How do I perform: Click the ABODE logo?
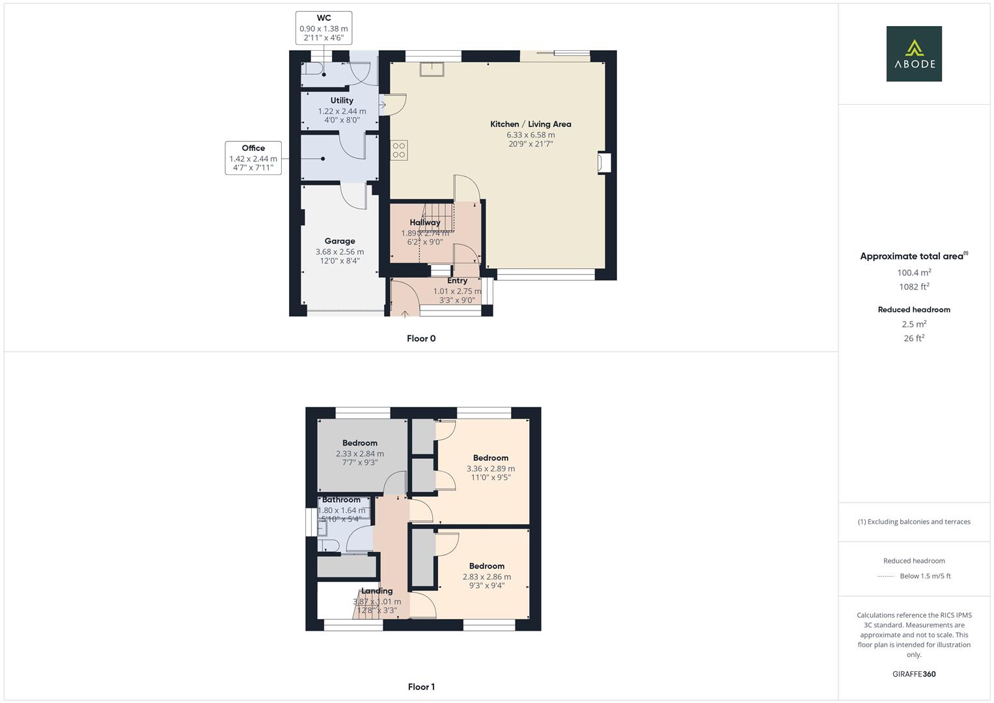pos(913,54)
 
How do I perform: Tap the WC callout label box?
pos(324,28)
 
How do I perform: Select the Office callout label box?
pos(253,158)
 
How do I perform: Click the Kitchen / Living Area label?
pos(531,124)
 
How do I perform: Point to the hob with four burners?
pos(399,150)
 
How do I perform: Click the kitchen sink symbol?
pos(431,69)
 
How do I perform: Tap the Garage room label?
pos(340,241)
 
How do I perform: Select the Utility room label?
pos(342,100)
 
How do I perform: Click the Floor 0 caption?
pos(421,338)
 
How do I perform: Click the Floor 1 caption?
pos(421,687)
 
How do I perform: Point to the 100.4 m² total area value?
pos(914,273)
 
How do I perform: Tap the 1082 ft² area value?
pos(914,286)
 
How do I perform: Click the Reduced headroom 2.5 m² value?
pos(914,324)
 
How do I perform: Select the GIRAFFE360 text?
pos(914,674)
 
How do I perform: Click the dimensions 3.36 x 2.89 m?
pos(490,469)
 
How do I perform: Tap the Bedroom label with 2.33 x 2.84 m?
pos(360,443)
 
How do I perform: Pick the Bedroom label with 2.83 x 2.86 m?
pos(486,566)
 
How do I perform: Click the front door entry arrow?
pos(405,314)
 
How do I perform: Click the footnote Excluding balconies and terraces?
pos(914,521)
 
